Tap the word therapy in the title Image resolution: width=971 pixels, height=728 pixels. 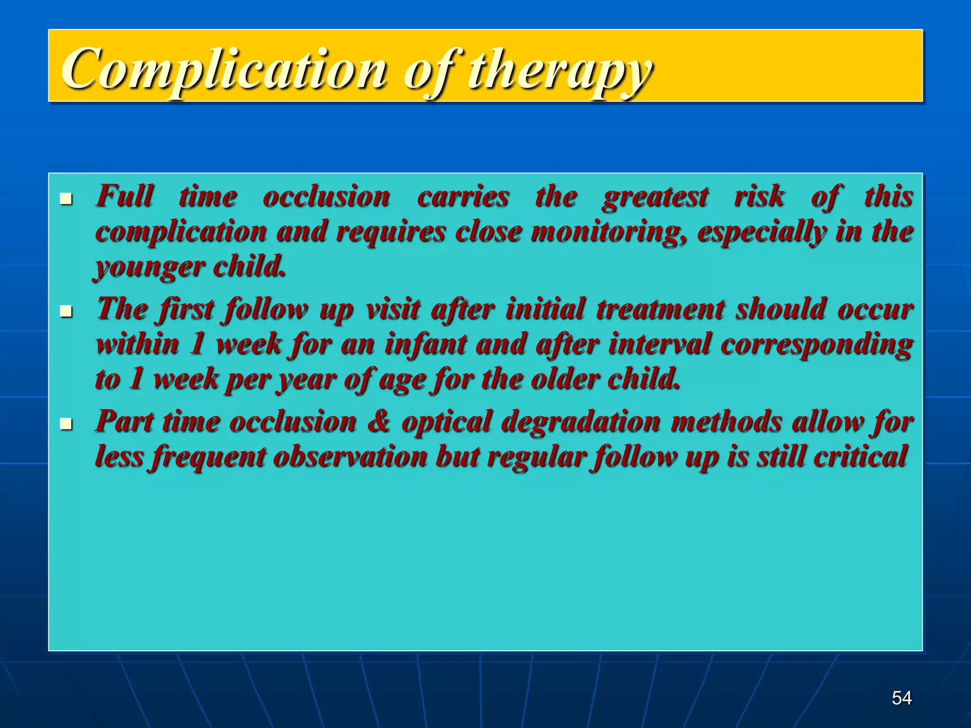pyautogui.click(x=559, y=71)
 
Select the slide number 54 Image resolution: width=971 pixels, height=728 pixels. pyautogui.click(x=901, y=698)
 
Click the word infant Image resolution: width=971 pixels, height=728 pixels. pyautogui.click(x=425, y=345)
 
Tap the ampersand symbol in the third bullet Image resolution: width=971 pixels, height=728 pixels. pyautogui.click(x=379, y=422)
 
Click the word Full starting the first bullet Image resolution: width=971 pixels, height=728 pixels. pyautogui.click(x=125, y=196)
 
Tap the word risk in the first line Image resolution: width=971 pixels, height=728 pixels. pyautogui.click(x=759, y=196)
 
